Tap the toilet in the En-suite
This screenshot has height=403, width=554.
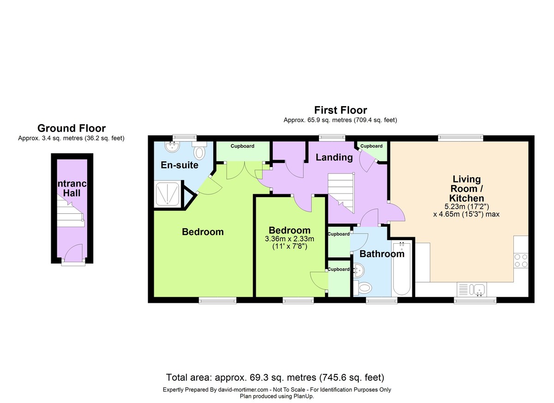(200, 151)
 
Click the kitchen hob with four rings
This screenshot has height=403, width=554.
(521, 261)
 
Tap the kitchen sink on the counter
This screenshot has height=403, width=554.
(477, 289)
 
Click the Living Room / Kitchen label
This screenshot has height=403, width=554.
(466, 189)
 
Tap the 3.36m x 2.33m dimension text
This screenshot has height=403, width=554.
(289, 239)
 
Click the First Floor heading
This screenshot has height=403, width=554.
(340, 110)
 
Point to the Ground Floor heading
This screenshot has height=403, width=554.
(71, 128)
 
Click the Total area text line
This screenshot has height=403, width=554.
(275, 377)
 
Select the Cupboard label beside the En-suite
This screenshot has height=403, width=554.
(242, 146)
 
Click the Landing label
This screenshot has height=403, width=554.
(334, 157)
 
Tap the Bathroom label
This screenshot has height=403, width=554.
(382, 253)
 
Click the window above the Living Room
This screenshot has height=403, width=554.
(461, 137)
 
